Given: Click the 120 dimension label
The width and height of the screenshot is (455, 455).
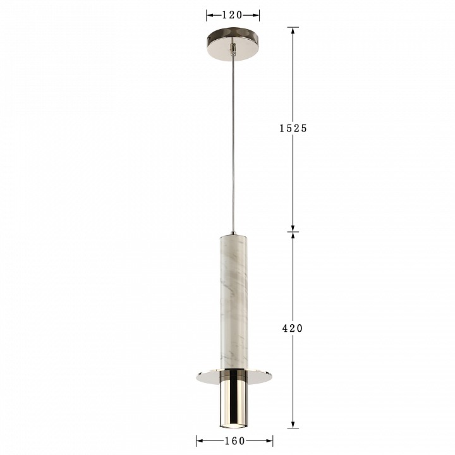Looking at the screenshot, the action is click(x=232, y=15).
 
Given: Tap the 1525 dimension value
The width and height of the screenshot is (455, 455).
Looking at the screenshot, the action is click(x=293, y=128).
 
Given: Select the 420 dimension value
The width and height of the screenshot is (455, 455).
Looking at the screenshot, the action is click(x=293, y=328).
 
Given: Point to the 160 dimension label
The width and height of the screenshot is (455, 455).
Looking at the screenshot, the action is click(x=234, y=441).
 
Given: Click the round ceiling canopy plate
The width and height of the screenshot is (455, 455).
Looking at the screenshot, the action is click(x=233, y=44).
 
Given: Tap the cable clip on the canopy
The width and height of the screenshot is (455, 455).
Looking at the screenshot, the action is click(x=232, y=49).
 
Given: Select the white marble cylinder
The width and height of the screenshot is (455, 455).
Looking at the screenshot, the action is click(x=234, y=303).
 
